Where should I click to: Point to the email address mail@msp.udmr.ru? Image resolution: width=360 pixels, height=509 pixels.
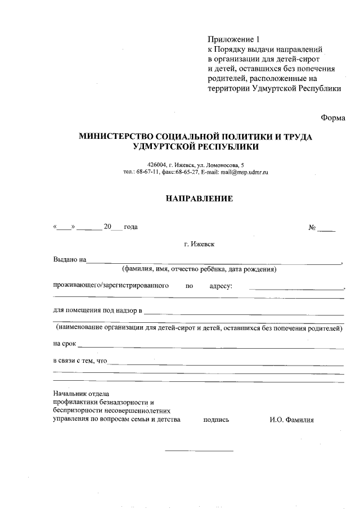(x=244, y=172)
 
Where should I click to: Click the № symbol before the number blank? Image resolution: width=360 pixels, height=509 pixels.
(x=312, y=228)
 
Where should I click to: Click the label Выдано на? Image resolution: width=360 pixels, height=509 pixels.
(x=69, y=260)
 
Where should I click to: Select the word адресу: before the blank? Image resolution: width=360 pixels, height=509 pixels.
(x=221, y=286)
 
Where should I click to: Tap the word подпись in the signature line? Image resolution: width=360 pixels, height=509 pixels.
(x=216, y=420)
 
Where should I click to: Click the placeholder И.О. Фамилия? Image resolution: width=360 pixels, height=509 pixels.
(x=291, y=420)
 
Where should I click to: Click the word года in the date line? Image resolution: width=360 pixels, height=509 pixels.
(x=130, y=227)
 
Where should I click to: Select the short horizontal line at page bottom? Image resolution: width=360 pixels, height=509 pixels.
(x=199, y=451)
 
